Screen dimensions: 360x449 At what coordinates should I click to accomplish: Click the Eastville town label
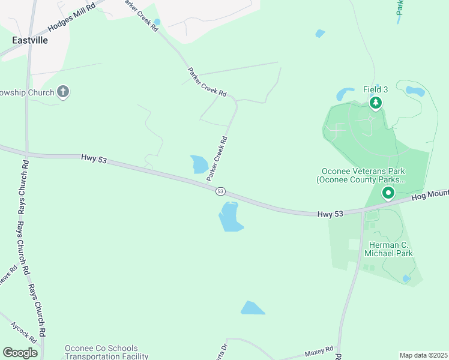(x=30, y=40)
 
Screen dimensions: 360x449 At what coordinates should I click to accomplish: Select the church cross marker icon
(x=63, y=92)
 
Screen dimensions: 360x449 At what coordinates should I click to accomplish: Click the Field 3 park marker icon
(x=376, y=103)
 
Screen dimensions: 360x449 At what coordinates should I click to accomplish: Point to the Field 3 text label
(x=376, y=89)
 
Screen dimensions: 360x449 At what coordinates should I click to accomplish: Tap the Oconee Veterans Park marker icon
(x=388, y=193)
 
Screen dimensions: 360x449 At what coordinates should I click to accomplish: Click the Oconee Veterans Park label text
(x=361, y=174)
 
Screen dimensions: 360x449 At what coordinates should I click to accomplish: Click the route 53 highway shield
(x=220, y=191)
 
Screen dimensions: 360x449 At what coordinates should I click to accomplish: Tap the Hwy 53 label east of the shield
(x=331, y=213)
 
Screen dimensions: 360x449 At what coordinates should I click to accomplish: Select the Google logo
(x=20, y=353)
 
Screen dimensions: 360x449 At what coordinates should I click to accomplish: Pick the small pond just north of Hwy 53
(x=199, y=164)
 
